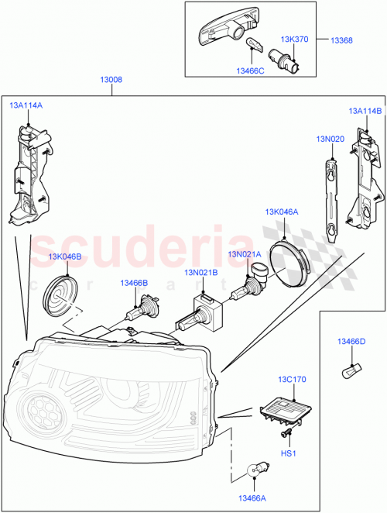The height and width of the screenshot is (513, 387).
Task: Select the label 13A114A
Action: [26, 105]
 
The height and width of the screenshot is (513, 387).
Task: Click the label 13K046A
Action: [282, 211]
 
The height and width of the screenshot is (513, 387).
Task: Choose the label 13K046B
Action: [65, 256]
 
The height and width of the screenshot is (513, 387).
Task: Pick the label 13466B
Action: [134, 284]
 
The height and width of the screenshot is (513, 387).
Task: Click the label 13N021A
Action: [245, 254]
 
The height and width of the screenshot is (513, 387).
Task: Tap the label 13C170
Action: [293, 380]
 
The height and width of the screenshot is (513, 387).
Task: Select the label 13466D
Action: [351, 341]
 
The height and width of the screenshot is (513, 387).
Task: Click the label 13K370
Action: [294, 38]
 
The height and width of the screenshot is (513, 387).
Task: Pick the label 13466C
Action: [250, 71]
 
